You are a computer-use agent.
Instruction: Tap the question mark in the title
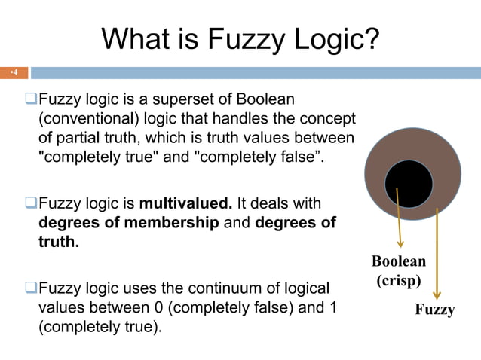pos(371,38)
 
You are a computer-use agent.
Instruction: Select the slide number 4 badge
pos(14,73)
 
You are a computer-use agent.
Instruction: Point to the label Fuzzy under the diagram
pos(435,310)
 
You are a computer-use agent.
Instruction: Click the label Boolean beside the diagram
pos(399,261)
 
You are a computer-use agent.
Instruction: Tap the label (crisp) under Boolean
pos(398,280)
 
